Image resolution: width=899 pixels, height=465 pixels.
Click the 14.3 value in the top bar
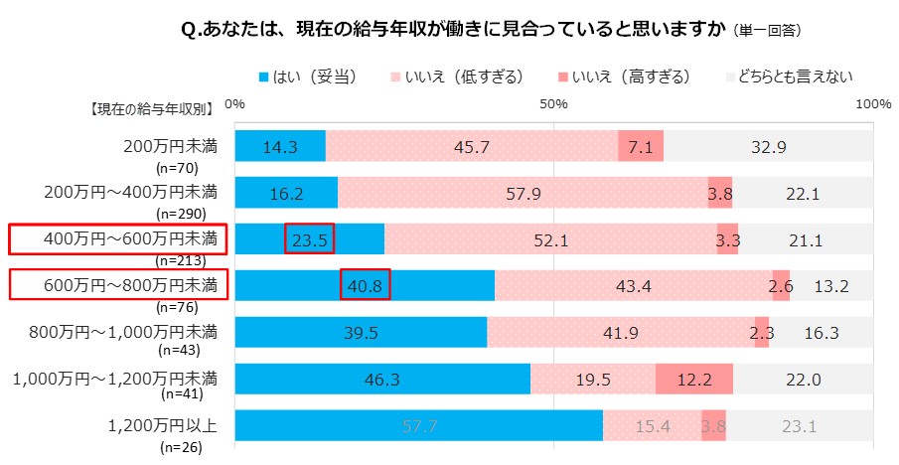280,147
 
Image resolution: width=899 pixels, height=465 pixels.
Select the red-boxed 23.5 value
309,239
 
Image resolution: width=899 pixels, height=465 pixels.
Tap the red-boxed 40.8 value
365,285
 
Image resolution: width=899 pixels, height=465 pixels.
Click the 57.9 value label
523,194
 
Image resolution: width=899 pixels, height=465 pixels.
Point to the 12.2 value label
693,379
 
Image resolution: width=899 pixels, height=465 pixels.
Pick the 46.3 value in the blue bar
382,379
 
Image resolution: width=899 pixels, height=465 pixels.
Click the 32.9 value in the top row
769,147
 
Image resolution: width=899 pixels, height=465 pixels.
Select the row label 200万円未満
170,145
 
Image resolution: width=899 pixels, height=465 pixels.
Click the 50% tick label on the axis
553,103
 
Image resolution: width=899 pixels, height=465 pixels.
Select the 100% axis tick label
873,103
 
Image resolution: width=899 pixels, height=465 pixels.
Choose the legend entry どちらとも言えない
794,76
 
